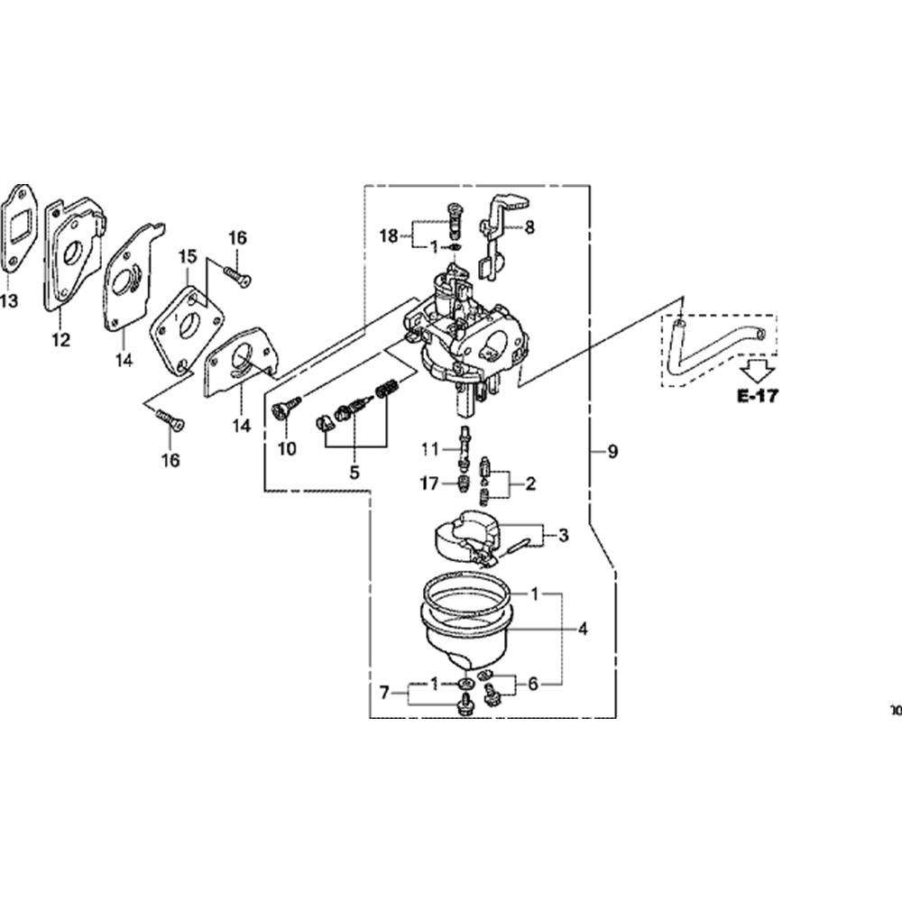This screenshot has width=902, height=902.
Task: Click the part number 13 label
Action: coord(8,301)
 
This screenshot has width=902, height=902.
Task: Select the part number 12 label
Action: coord(60,340)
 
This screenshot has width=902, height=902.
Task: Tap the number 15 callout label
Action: coord(187,257)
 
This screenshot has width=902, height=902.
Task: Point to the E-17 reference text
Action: coord(757,395)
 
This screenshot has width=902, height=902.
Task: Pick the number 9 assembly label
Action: coord(612,452)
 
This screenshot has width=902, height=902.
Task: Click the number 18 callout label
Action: coord(389,236)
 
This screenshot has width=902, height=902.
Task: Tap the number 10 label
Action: coord(287,448)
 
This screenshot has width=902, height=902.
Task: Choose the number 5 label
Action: coord(354,472)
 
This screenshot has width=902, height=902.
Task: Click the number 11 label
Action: coord(429,448)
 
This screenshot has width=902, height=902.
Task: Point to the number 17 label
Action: coord(428,484)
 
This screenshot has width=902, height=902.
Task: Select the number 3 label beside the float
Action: coord(563,536)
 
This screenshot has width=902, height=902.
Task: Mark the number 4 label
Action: coord(583,629)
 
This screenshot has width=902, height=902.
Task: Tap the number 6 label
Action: coord(533,685)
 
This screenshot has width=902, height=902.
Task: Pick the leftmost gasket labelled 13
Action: coord(20,230)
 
